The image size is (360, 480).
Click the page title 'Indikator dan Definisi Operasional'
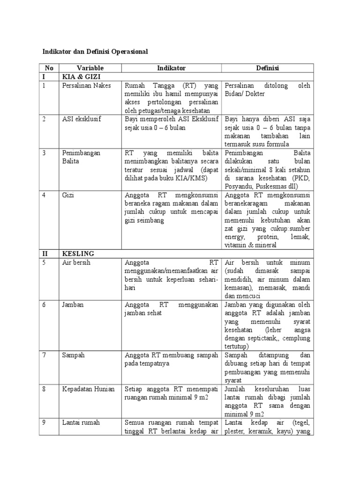(95, 52)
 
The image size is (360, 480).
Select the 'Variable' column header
(90, 68)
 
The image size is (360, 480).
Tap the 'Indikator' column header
(171, 68)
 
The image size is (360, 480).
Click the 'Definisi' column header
(267, 68)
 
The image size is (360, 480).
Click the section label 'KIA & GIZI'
(82, 77)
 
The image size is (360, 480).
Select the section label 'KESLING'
(78, 254)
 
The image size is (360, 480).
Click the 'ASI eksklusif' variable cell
(82, 119)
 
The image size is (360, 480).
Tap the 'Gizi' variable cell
(68, 195)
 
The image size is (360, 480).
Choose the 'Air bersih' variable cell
(76, 262)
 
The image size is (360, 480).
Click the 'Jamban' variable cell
(73, 305)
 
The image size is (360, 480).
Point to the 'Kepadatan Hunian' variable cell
(88, 389)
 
